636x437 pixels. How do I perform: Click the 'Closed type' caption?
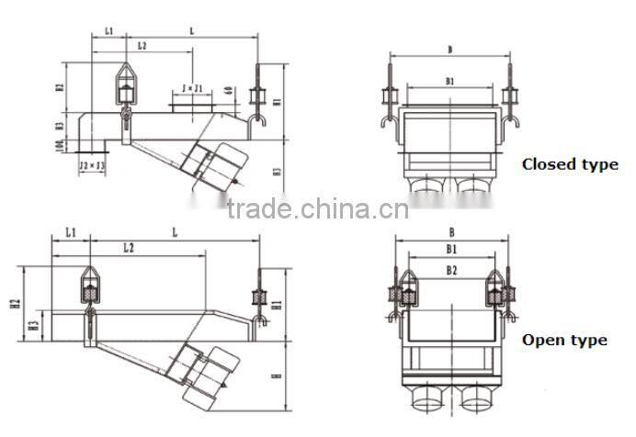pos(570,164)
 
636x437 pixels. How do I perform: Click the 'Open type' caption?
pos(564,340)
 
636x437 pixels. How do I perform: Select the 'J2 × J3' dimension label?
pos(92,165)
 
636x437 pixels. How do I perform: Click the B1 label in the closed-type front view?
pos(450,82)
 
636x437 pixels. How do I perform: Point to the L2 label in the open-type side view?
pos(130,248)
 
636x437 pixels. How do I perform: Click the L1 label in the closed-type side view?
pos(108,30)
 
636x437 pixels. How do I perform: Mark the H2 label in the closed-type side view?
pos(59,88)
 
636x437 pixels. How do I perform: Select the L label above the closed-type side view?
pos(191,30)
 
